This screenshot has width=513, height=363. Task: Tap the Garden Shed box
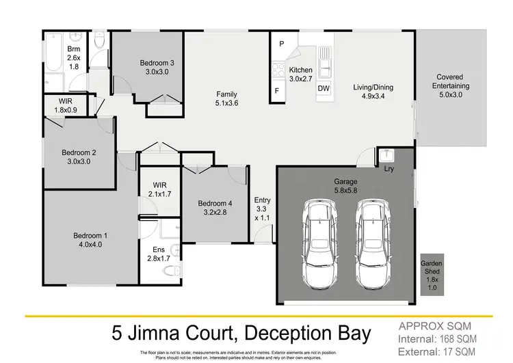tap(431, 276)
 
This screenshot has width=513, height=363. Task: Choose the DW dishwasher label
tap(324, 88)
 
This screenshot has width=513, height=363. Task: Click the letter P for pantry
tap(281, 44)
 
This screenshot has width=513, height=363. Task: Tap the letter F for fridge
tap(277, 90)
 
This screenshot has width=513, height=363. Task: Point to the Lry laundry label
tap(389, 167)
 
